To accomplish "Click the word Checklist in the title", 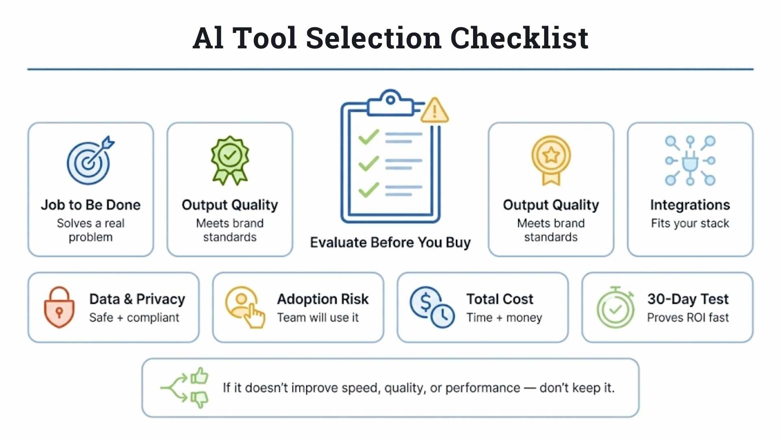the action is pyautogui.click(x=519, y=38).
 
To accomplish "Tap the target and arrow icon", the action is pyautogui.click(x=91, y=160).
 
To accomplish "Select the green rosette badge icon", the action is pyautogui.click(x=230, y=160).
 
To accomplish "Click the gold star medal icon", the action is pyautogui.click(x=551, y=160).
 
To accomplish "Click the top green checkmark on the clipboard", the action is pyautogui.click(x=369, y=137).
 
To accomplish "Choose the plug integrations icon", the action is pyautogui.click(x=690, y=160).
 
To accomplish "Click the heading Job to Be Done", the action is pyautogui.click(x=91, y=205).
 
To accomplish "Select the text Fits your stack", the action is pyautogui.click(x=690, y=223).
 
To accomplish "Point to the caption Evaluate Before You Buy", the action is pyautogui.click(x=390, y=243).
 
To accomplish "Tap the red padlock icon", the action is pyautogui.click(x=59, y=307).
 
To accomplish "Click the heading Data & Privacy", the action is pyautogui.click(x=137, y=299).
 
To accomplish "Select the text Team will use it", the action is pyautogui.click(x=318, y=317).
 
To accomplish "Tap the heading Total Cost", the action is pyautogui.click(x=500, y=299).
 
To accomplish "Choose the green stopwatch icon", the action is pyautogui.click(x=615, y=308).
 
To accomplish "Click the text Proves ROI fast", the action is pyautogui.click(x=688, y=317).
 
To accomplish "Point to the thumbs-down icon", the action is pyautogui.click(x=199, y=399).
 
